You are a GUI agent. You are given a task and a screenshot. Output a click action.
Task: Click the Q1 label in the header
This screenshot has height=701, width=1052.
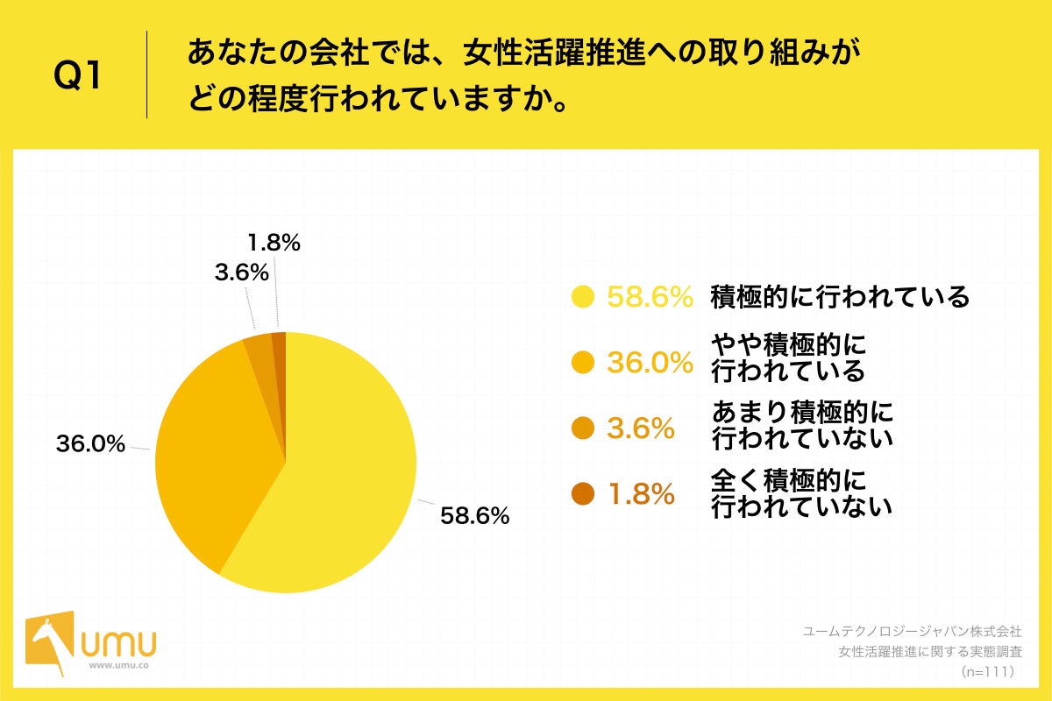point(79,77)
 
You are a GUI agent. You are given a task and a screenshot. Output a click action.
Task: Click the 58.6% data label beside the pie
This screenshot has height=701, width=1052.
point(474,516)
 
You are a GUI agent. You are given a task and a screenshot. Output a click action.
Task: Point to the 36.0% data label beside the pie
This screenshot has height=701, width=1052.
point(90,444)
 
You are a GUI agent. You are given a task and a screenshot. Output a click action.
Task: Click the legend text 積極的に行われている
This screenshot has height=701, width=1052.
point(840,298)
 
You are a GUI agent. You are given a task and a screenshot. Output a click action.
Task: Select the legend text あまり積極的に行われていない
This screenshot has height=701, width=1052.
point(801,424)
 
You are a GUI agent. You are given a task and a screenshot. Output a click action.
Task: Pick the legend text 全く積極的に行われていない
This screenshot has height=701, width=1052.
point(801,492)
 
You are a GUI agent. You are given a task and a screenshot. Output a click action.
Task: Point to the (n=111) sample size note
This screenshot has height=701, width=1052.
point(987,671)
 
